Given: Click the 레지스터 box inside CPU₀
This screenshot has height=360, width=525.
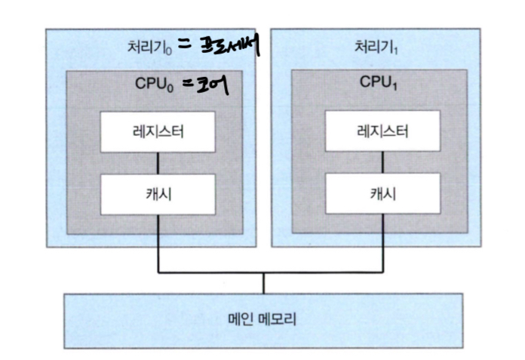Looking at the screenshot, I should point(157,133).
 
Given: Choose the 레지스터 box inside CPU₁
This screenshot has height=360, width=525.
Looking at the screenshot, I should point(382,133).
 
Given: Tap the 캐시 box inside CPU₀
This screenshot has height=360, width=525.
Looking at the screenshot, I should point(157,192).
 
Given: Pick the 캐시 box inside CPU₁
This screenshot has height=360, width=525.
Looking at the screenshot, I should point(382,192).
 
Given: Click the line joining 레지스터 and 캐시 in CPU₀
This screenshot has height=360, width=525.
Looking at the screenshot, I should point(157,162).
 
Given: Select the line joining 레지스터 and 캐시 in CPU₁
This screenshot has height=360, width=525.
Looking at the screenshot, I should point(382,162).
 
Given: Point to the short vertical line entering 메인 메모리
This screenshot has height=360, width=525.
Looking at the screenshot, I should point(263,282).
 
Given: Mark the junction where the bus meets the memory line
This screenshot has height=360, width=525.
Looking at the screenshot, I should point(263,272).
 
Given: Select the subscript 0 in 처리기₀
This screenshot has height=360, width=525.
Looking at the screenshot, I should point(171,51).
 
